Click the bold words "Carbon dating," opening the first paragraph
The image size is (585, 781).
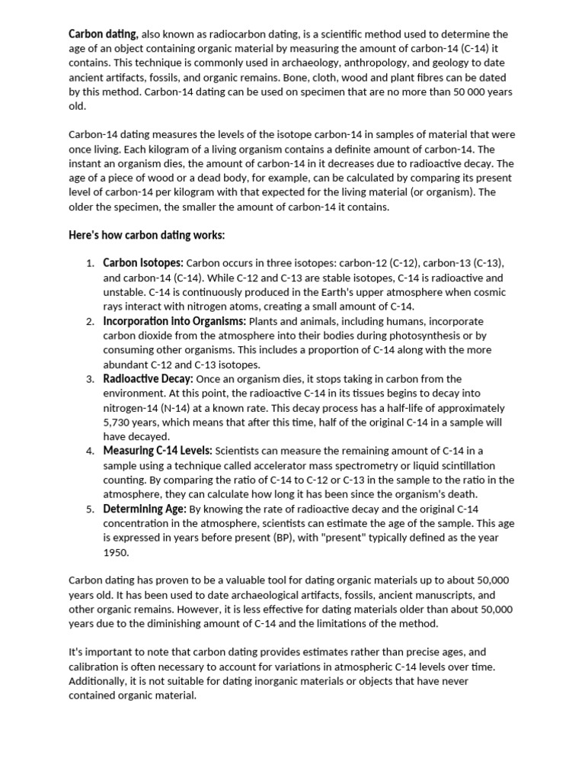[x=104, y=34]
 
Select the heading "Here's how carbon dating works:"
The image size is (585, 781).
[x=147, y=234]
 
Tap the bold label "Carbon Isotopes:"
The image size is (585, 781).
[x=143, y=263]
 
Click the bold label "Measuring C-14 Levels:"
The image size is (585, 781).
[x=158, y=451]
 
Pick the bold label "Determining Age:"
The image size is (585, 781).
[x=145, y=509]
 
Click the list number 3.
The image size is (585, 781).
[x=89, y=379]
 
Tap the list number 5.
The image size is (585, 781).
[x=89, y=509]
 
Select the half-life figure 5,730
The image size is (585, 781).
[x=120, y=422]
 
